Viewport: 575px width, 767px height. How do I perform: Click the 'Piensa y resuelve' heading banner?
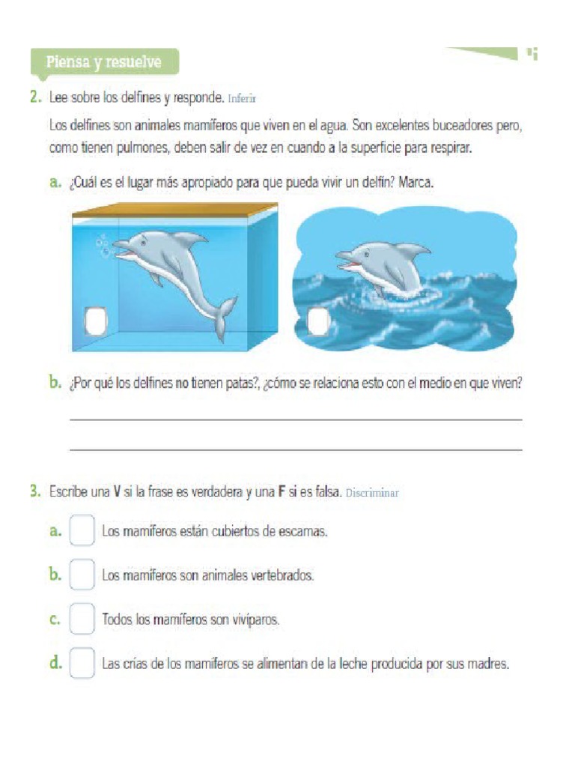pyautogui.click(x=103, y=62)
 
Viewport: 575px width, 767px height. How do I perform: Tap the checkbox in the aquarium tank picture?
pyautogui.click(x=94, y=321)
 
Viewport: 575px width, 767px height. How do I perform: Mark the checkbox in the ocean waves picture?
pyautogui.click(x=318, y=322)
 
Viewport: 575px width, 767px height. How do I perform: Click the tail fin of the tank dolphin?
pyautogui.click(x=224, y=314)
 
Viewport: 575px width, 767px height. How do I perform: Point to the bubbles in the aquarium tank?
pyautogui.click(x=103, y=246)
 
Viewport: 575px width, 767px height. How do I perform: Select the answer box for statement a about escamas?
pyautogui.click(x=82, y=531)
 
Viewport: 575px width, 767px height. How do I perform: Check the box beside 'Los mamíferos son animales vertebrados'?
pyautogui.click(x=82, y=575)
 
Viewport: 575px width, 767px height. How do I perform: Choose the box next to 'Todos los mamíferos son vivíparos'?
pyautogui.click(x=82, y=619)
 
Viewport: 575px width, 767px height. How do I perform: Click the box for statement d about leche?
pyautogui.click(x=82, y=664)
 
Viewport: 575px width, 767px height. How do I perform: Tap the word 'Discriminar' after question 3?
pyautogui.click(x=372, y=493)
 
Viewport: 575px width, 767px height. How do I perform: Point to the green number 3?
pyautogui.click(x=34, y=492)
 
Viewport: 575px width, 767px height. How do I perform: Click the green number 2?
pyautogui.click(x=34, y=97)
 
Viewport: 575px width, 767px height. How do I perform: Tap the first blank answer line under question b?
pyautogui.click(x=296, y=419)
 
